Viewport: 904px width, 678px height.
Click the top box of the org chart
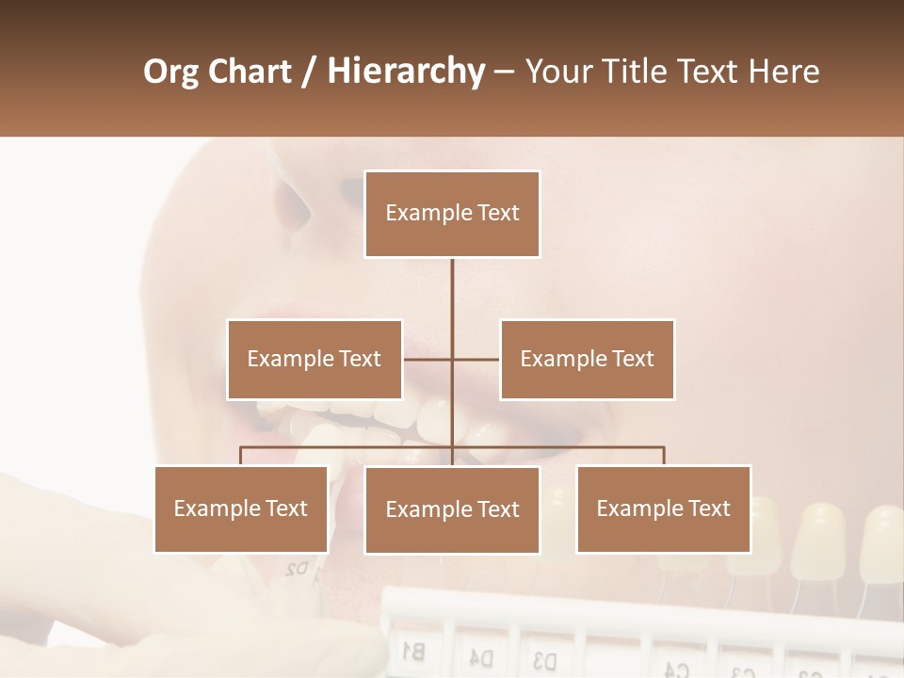(452, 214)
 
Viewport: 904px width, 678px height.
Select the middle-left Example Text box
(315, 359)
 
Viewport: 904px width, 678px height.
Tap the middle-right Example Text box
(587, 359)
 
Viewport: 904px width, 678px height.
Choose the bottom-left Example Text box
(241, 508)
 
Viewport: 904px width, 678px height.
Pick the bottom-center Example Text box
(452, 509)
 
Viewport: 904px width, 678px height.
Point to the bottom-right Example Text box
(664, 508)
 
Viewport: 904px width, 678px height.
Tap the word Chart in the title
(246, 72)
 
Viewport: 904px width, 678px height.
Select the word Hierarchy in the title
(406, 72)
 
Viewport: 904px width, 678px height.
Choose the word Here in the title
(783, 72)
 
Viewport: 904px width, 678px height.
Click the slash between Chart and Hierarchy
(309, 72)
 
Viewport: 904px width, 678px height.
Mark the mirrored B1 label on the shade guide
(412, 649)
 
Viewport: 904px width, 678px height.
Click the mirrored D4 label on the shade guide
(481, 655)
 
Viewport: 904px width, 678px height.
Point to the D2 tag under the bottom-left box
(297, 568)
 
